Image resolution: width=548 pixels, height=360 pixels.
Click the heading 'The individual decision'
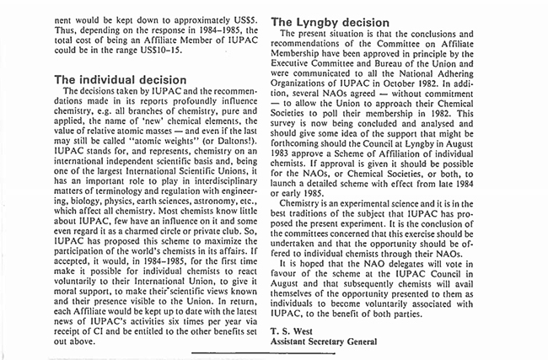coord(116,80)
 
